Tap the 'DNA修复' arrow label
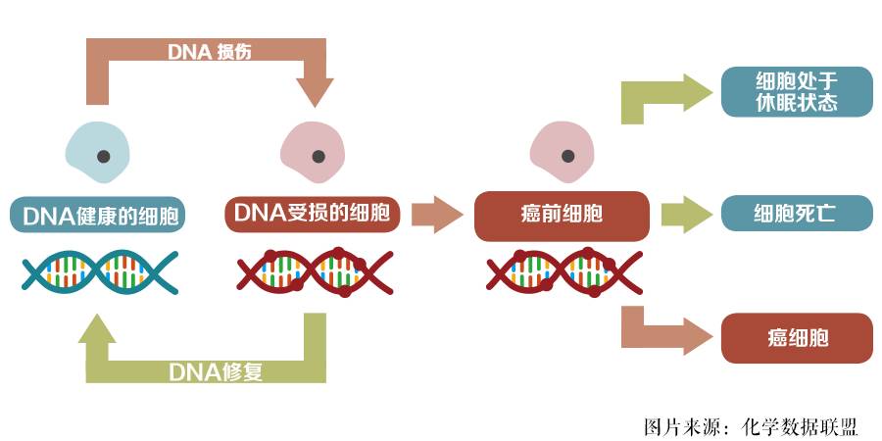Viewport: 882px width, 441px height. pyautogui.click(x=216, y=371)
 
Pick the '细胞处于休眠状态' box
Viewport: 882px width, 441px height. pyautogui.click(x=796, y=92)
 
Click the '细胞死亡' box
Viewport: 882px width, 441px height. pyautogui.click(x=796, y=213)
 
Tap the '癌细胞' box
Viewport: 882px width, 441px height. pyautogui.click(x=796, y=338)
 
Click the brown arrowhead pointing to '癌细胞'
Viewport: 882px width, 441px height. pyautogui.click(x=698, y=336)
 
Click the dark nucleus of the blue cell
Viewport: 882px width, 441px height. pyautogui.click(x=99, y=156)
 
